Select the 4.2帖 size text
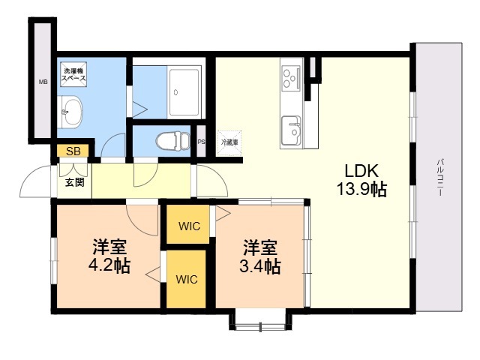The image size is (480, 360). [109, 266]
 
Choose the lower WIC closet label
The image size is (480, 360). [187, 280]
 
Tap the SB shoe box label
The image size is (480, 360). [73, 151]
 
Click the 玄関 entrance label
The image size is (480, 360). [73, 182]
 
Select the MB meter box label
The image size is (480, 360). [43, 82]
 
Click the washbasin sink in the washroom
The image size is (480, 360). [71, 114]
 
